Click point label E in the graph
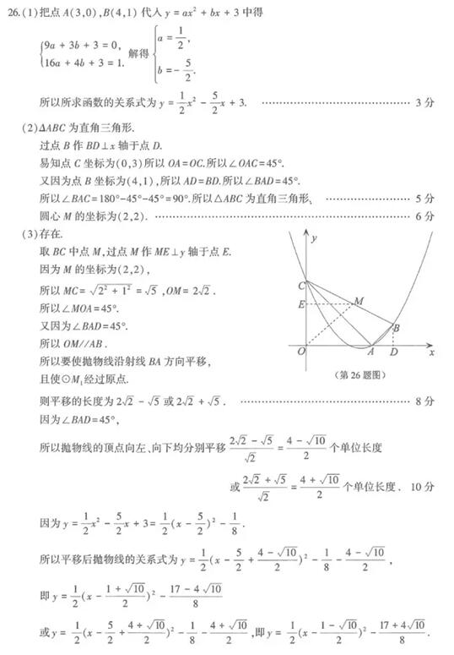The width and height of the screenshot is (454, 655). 300,304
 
